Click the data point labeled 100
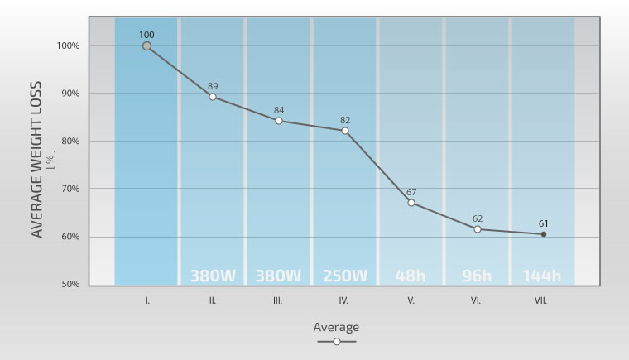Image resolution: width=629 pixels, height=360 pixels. [146, 46]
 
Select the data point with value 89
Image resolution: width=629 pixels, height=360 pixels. [213, 97]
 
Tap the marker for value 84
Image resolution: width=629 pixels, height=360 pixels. [279, 121]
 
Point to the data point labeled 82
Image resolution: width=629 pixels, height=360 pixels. [345, 131]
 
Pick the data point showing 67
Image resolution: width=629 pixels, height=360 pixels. [411, 203]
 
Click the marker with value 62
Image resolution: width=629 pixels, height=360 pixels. [477, 229]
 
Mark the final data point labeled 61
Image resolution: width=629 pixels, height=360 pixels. [543, 234]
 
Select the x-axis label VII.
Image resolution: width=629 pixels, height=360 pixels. [541, 301]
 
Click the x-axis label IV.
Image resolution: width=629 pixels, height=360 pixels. [343, 301]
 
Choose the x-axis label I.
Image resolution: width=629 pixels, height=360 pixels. [146, 301]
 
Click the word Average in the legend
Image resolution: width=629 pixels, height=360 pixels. [336, 326]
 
